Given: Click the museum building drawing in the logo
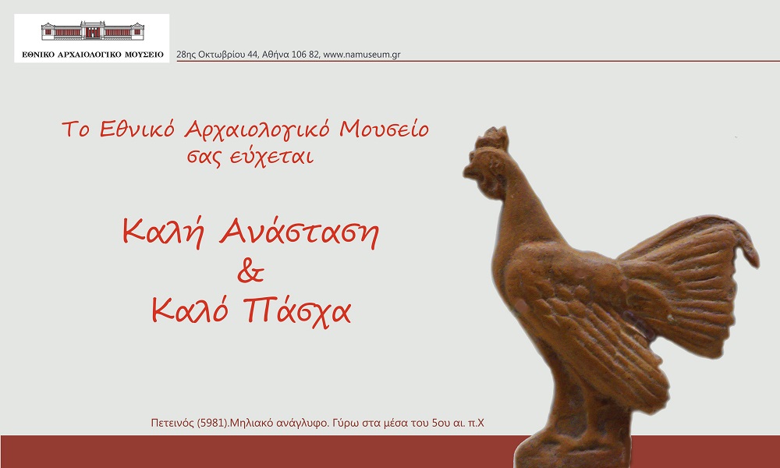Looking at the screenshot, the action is [93, 31].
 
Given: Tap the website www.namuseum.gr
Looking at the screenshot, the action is [362, 55].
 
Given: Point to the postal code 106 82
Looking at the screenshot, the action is [306, 55].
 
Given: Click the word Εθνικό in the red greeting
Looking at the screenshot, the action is [137, 129].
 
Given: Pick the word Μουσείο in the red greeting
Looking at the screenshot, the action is [384, 129].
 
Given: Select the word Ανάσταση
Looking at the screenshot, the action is [299, 232].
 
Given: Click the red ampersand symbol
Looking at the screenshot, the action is [250, 271].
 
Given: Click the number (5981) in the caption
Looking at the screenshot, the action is [212, 424].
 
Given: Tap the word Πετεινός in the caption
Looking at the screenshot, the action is [172, 424].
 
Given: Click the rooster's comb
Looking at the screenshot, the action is [492, 139].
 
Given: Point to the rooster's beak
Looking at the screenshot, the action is [468, 172].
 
